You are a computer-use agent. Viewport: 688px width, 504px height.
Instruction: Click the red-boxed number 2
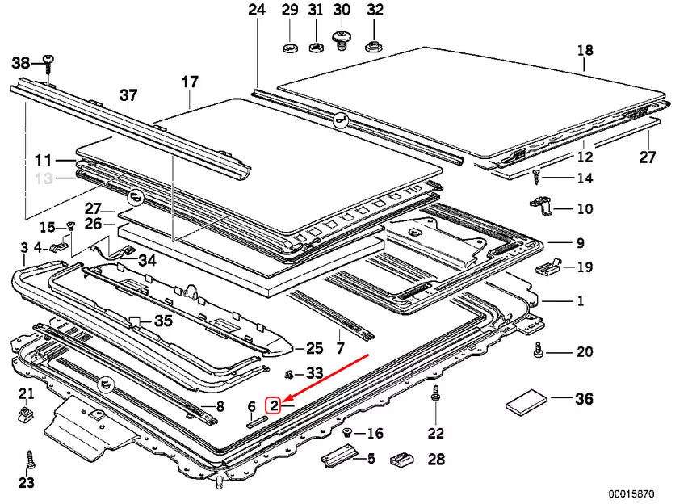pos(275,405)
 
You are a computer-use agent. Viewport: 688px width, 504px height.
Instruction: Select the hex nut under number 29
pos(290,48)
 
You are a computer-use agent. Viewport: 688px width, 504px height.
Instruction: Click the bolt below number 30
pos(342,38)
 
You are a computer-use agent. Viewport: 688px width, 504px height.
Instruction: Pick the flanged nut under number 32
pos(372,46)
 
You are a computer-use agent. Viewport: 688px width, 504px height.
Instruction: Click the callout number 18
pos(585,51)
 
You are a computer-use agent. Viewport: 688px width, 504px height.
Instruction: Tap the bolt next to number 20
pos(536,351)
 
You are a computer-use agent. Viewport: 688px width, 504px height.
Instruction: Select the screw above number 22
pos(436,393)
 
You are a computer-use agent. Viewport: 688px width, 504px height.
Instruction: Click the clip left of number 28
pos(401,460)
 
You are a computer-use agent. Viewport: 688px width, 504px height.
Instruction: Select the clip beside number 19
pos(549,266)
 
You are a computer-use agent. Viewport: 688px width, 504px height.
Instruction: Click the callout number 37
pos(128,95)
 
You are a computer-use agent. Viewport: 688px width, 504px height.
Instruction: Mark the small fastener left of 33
pos(289,373)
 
